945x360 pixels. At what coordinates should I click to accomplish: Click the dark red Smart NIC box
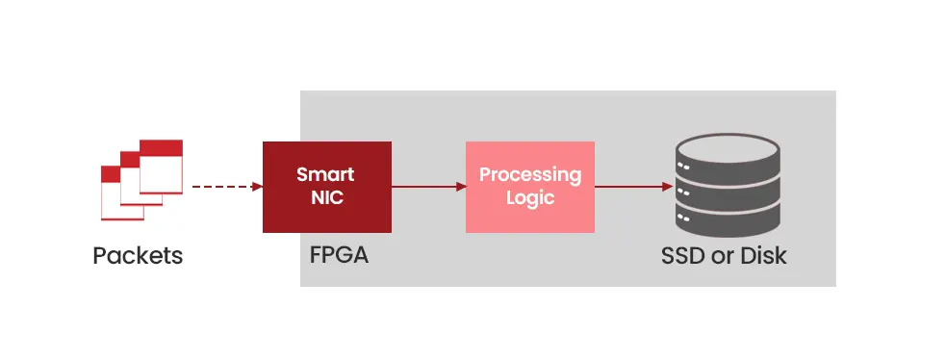(x=326, y=187)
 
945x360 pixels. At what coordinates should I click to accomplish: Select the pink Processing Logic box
(x=529, y=187)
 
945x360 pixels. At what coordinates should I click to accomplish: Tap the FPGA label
(x=339, y=256)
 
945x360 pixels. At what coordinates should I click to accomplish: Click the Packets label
(x=138, y=256)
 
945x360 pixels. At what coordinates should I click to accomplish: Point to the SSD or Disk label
(x=724, y=256)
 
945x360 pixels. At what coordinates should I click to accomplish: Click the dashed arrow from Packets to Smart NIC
(x=226, y=187)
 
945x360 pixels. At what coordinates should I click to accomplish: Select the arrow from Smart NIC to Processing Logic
(x=428, y=187)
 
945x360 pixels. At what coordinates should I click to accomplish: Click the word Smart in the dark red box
(x=325, y=175)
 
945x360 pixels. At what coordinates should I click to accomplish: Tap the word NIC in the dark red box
(x=326, y=199)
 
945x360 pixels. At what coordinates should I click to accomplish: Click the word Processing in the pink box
(x=530, y=175)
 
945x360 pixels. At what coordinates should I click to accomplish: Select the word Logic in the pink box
(x=530, y=199)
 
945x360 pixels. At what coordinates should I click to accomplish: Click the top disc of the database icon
(x=728, y=150)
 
